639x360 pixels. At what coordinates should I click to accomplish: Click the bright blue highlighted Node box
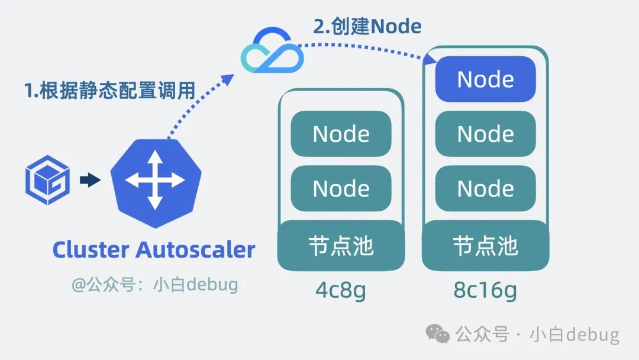point(485,79)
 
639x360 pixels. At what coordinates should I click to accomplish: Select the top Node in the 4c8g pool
point(341,134)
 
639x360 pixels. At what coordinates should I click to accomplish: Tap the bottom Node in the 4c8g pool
point(341,188)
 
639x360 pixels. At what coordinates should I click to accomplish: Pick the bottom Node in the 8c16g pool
point(485,188)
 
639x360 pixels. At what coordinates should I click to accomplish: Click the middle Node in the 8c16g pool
point(485,134)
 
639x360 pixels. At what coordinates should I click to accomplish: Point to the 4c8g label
point(341,290)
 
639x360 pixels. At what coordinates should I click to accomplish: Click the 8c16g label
point(485,290)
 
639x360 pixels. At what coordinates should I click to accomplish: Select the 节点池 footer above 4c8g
point(341,245)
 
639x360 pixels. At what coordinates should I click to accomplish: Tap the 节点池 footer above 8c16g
point(485,245)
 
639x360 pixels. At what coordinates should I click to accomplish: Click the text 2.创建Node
point(367,26)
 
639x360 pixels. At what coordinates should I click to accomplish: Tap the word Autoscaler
point(196,249)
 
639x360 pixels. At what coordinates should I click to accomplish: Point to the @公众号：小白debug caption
point(155,285)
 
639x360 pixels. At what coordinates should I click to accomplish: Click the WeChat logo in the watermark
point(438,335)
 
